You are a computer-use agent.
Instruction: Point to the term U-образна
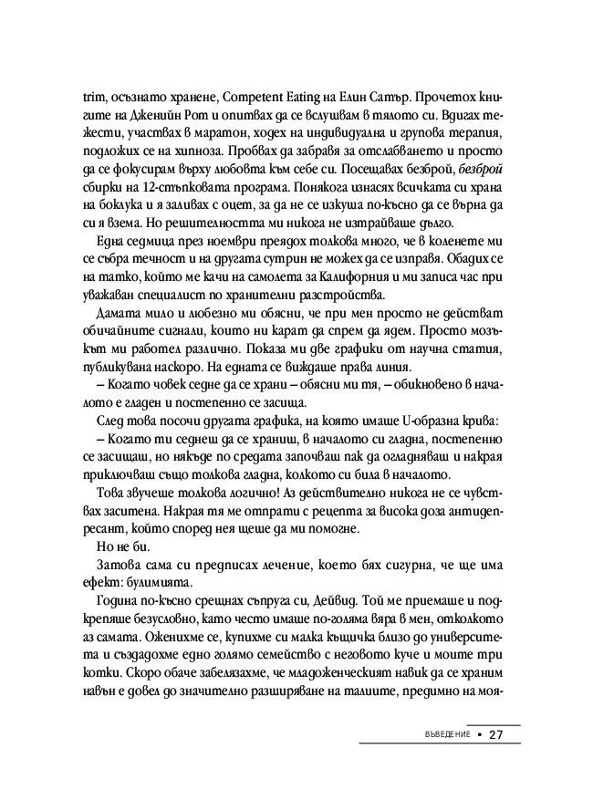click(429, 452)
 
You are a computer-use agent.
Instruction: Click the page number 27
click(496, 735)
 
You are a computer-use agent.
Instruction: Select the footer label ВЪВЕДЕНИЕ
click(442, 735)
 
